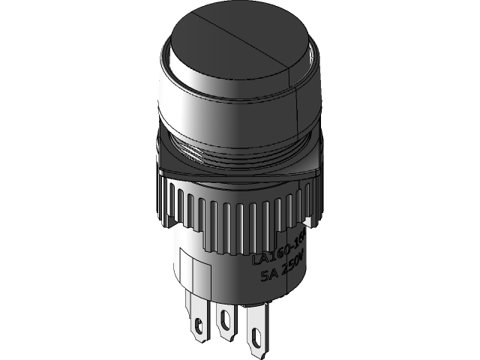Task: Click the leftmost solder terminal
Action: pyautogui.click(x=198, y=319)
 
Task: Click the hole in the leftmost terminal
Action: pyautogui.click(x=198, y=326)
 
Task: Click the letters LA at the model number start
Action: pyautogui.click(x=260, y=257)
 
